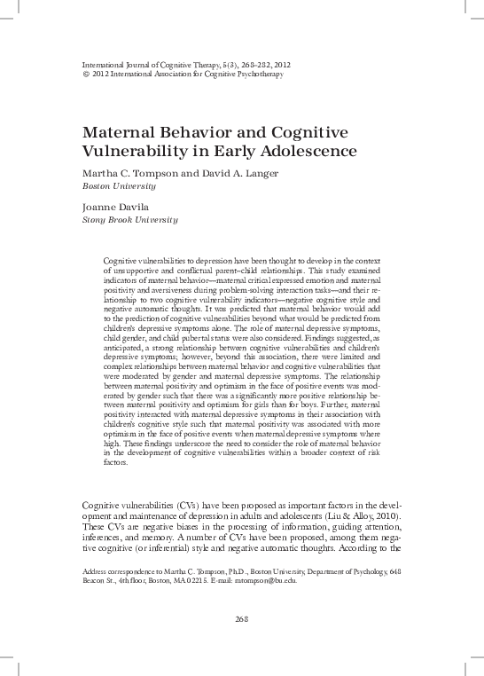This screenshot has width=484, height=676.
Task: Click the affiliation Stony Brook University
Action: [129, 219]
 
